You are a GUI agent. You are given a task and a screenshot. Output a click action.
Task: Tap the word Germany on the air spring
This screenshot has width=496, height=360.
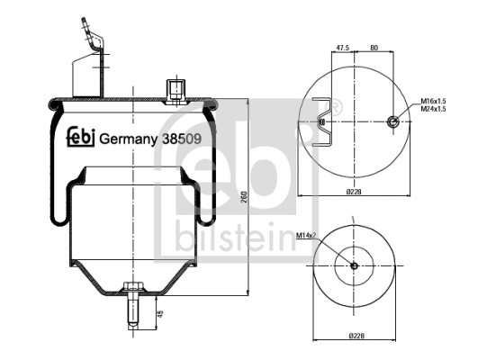[126, 139]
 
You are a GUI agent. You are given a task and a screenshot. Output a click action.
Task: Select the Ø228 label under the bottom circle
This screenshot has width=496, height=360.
[357, 337]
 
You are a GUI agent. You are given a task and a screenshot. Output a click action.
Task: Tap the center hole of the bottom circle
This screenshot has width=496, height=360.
[354, 265]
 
